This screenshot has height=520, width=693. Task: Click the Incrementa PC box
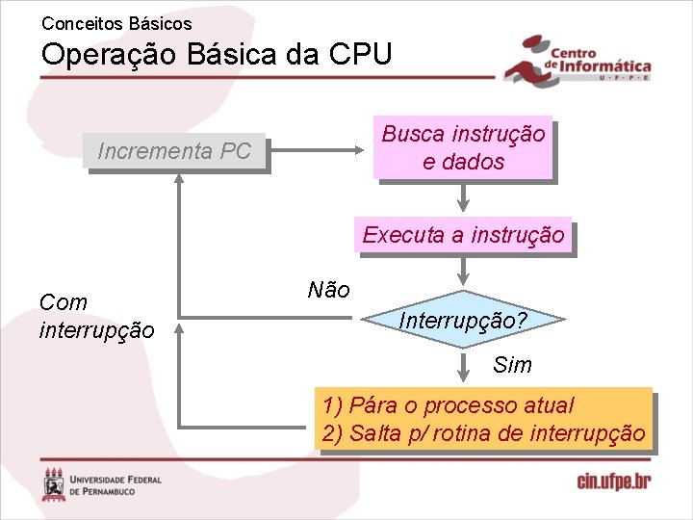point(174,151)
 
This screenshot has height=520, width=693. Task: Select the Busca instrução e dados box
point(463,148)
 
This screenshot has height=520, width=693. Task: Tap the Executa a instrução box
point(463,235)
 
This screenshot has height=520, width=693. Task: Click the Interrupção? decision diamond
point(463,319)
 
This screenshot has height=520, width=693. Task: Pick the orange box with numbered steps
point(483,420)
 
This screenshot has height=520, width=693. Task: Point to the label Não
point(328,290)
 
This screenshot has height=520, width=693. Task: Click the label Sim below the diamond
point(511,366)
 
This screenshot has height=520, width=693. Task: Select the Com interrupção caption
point(96,317)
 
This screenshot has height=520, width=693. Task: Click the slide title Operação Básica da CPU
point(217,54)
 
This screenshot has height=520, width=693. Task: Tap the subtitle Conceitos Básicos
point(116,23)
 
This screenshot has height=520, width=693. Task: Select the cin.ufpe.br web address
point(613,481)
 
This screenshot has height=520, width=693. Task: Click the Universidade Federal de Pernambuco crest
point(55,483)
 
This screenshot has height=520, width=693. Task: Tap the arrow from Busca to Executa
point(463,197)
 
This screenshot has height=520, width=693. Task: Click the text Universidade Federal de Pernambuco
point(116,484)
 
